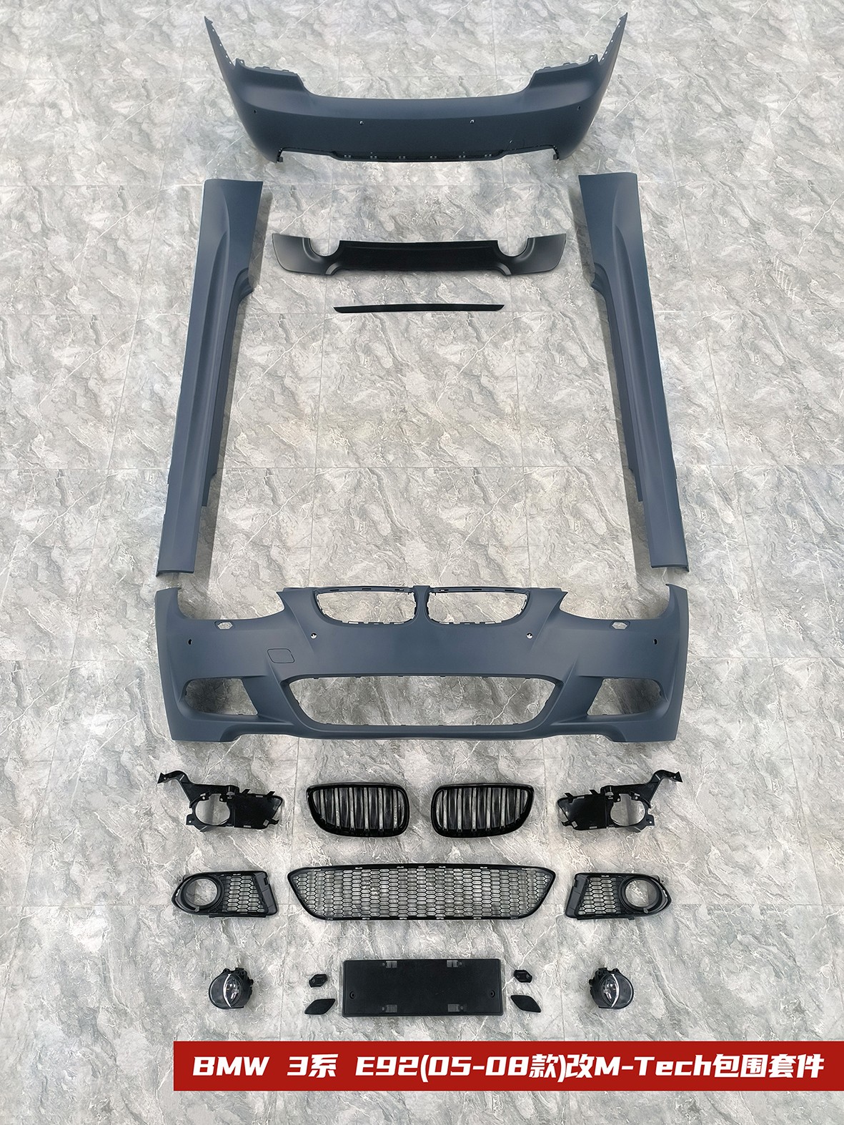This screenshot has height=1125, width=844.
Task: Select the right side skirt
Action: (635, 369)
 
